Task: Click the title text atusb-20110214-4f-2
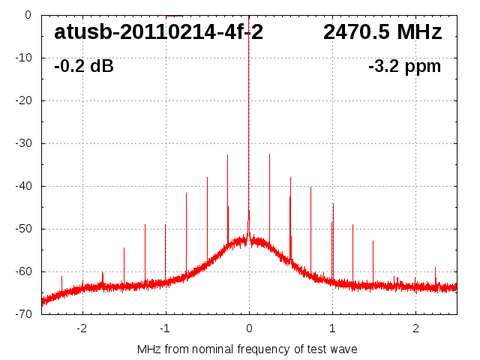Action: (158, 32)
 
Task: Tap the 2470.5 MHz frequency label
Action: (382, 32)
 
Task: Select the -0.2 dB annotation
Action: (84, 67)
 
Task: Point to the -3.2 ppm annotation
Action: (404, 67)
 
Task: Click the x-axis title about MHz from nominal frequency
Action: (247, 349)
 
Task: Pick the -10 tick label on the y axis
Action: (22, 58)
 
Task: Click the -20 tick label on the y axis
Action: (22, 100)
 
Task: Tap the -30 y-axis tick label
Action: (22, 143)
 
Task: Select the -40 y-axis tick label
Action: (22, 186)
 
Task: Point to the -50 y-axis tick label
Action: (22, 229)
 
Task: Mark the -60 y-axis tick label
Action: (22, 271)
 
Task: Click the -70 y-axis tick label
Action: (22, 314)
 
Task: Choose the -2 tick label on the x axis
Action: (82, 328)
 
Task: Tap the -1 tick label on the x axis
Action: (165, 328)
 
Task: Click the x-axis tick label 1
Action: (332, 328)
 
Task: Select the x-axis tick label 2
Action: (415, 328)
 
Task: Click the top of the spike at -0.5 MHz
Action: (207, 178)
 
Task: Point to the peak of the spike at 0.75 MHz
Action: (310, 187)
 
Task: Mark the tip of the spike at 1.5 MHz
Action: (373, 241)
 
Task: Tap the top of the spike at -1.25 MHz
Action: (145, 224)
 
